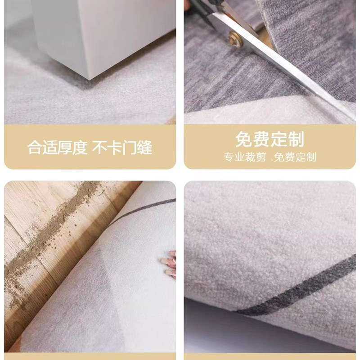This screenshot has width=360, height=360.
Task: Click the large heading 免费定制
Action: (x=270, y=139)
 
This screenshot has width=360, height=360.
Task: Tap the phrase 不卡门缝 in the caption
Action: (x=122, y=147)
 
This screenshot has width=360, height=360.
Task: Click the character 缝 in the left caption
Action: (x=144, y=147)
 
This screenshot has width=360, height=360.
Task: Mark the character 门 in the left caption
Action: (x=130, y=147)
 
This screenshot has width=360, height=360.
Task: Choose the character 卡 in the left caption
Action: (x=115, y=147)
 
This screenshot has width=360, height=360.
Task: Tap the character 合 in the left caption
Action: (x=35, y=147)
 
